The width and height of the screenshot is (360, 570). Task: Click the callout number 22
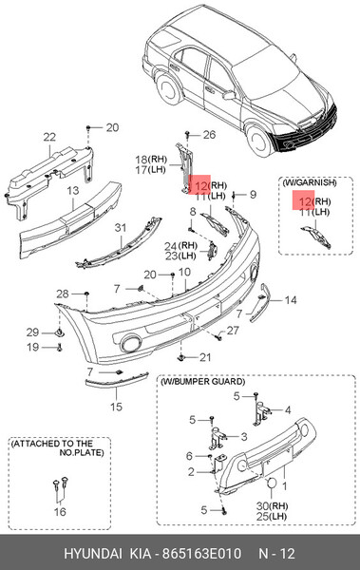[49, 137]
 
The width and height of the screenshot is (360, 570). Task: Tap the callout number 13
[73, 191]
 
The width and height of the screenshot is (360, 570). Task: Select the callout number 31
[121, 228]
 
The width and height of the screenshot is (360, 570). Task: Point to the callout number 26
[209, 135]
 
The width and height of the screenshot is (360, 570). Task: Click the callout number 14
[291, 300]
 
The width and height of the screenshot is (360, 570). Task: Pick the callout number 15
[116, 407]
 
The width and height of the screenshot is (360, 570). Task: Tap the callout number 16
[60, 512]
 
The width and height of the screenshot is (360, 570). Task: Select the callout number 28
[63, 294]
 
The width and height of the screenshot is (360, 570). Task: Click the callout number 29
[32, 332]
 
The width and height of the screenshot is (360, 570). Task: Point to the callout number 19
[32, 347]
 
